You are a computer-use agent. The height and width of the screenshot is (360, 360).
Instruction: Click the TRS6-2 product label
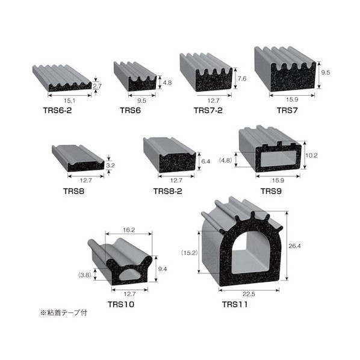(57, 110)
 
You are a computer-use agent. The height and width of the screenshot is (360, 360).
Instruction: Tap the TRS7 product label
(287, 110)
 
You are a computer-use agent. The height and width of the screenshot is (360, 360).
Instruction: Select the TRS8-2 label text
(167, 191)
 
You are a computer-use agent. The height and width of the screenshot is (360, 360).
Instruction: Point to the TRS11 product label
(235, 305)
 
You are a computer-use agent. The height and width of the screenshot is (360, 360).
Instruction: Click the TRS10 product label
(121, 305)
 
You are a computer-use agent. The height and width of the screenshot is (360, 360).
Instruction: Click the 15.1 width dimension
(69, 101)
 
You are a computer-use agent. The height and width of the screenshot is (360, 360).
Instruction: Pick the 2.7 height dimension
(97, 86)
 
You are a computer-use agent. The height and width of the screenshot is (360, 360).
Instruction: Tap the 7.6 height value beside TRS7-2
(242, 79)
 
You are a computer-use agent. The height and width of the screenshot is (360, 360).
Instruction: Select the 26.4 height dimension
(294, 246)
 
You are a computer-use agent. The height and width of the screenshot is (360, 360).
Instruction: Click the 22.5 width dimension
(249, 294)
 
